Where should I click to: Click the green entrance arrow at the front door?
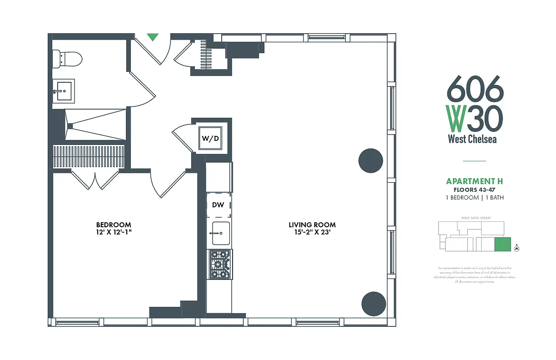pyautogui.click(x=153, y=37)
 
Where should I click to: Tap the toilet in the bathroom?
pyautogui.click(x=67, y=58)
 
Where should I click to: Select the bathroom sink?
pyautogui.click(x=63, y=91)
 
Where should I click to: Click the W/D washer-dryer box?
pyautogui.click(x=210, y=139)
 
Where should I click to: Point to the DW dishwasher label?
pyautogui.click(x=218, y=205)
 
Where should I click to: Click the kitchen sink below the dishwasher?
pyautogui.click(x=220, y=234)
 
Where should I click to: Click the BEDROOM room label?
pyautogui.click(x=113, y=225)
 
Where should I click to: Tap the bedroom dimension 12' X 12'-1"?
pyautogui.click(x=113, y=233)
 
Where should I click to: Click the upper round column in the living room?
pyautogui.click(x=371, y=160)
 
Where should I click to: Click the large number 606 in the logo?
pyautogui.click(x=475, y=89)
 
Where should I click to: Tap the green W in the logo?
pyautogui.click(x=456, y=118)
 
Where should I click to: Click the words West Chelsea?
pyautogui.click(x=472, y=139)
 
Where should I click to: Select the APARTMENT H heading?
pyautogui.click(x=474, y=181)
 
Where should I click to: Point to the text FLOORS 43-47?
pyautogui.click(x=474, y=190)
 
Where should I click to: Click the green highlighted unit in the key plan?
pyautogui.click(x=503, y=244)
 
